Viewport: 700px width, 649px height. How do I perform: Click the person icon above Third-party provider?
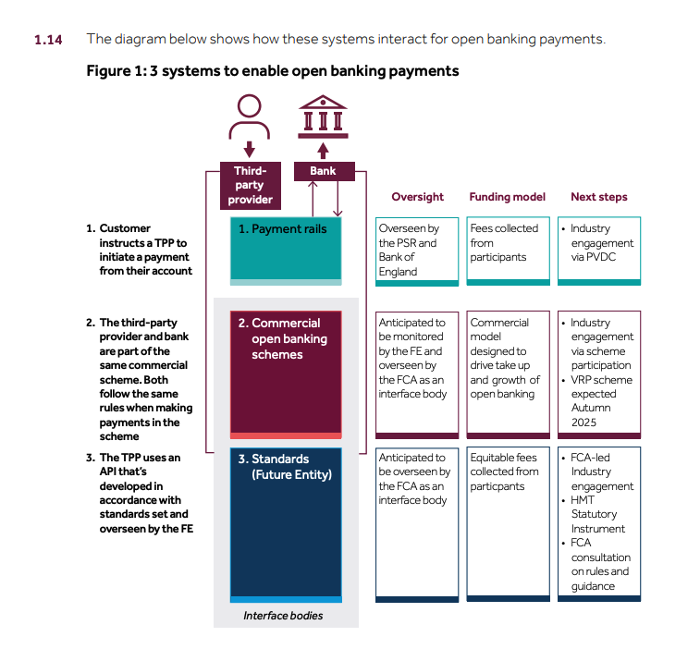point(249,116)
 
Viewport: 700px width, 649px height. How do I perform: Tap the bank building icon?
point(323,116)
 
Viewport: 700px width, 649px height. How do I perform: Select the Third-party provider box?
point(251,185)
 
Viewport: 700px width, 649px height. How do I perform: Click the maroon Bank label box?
point(324,171)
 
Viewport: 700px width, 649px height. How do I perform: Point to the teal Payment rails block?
point(286,251)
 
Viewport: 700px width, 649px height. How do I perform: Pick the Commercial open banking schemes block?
point(286,374)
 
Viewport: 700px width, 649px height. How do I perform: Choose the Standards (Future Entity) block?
point(286,525)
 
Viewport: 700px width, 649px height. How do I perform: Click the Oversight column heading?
point(417,197)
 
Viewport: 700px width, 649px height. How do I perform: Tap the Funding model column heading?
point(507,197)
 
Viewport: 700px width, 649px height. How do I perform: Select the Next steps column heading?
point(599,197)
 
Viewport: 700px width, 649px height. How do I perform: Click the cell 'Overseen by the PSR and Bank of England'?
point(417,251)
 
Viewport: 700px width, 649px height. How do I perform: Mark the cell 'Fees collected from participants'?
point(508,251)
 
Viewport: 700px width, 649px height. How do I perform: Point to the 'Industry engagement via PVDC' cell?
point(599,251)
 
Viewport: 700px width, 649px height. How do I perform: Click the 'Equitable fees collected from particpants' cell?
point(508,524)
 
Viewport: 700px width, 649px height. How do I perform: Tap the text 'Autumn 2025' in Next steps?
point(591,415)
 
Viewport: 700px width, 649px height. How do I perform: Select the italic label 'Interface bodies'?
point(283,616)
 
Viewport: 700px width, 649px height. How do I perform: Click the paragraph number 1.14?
point(48,40)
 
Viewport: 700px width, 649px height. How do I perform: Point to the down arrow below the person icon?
point(250,150)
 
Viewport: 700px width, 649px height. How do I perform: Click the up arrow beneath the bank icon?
point(324,151)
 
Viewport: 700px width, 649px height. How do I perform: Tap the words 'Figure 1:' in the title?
point(117,71)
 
